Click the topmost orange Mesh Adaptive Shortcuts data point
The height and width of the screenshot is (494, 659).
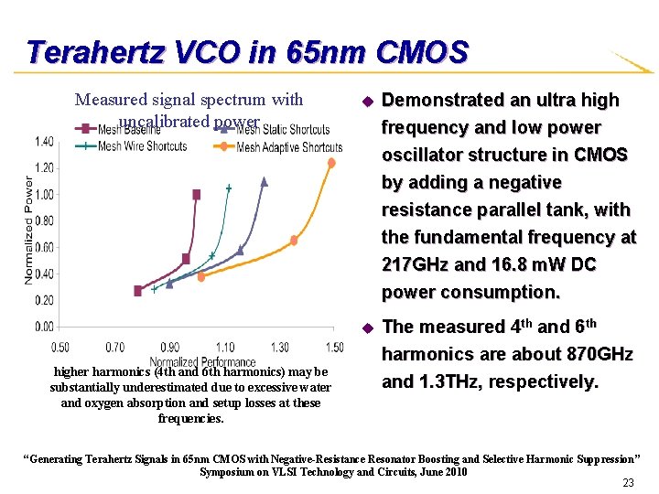(331, 163)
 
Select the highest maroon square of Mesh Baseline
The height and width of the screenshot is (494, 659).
(197, 194)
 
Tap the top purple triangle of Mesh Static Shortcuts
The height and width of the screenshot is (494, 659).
(264, 181)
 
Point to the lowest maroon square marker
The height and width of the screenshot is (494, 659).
(138, 290)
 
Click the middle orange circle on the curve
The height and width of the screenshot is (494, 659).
(294, 241)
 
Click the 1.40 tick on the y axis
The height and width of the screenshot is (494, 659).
(44, 141)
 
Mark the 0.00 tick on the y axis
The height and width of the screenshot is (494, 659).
(44, 327)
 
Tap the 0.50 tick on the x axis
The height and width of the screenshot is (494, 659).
(60, 348)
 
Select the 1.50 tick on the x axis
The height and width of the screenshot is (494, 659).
(334, 348)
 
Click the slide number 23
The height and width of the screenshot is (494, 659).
(628, 483)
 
